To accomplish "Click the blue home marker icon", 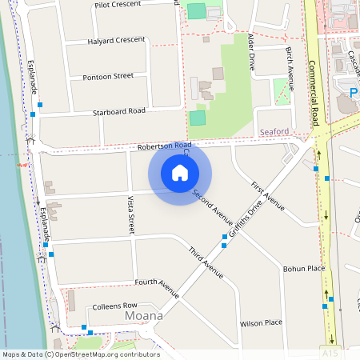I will pos(180,173).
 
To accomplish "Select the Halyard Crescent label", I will pos(116,40).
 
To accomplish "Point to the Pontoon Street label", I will pos(108,77).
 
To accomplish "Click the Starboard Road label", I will pos(118,111).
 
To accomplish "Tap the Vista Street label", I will pos(130,214).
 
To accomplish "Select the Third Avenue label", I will pos(206,262).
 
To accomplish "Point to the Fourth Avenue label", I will pos(157,283).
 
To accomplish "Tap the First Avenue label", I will pos(268,197).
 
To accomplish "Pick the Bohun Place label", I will pos(304,269).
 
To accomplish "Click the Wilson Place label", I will pos(262,323).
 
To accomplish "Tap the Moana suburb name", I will pos(144,317).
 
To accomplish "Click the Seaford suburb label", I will pos(274,131).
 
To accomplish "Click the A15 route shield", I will pos(328,352).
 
